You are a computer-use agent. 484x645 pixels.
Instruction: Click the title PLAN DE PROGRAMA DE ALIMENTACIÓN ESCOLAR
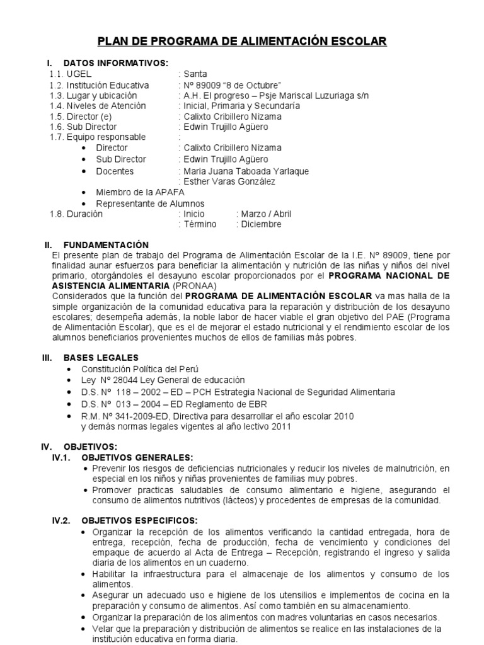[x=241, y=42]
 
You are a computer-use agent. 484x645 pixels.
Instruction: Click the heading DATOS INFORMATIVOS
[x=115, y=63]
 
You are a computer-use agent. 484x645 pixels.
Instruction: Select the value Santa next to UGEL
[x=195, y=74]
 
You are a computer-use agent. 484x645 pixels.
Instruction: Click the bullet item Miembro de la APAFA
[x=140, y=193]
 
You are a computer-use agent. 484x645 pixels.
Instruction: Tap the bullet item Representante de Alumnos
[x=150, y=203]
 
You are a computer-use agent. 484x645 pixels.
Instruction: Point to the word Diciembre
[x=259, y=224]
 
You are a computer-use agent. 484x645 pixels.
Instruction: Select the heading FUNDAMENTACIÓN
[x=106, y=244]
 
